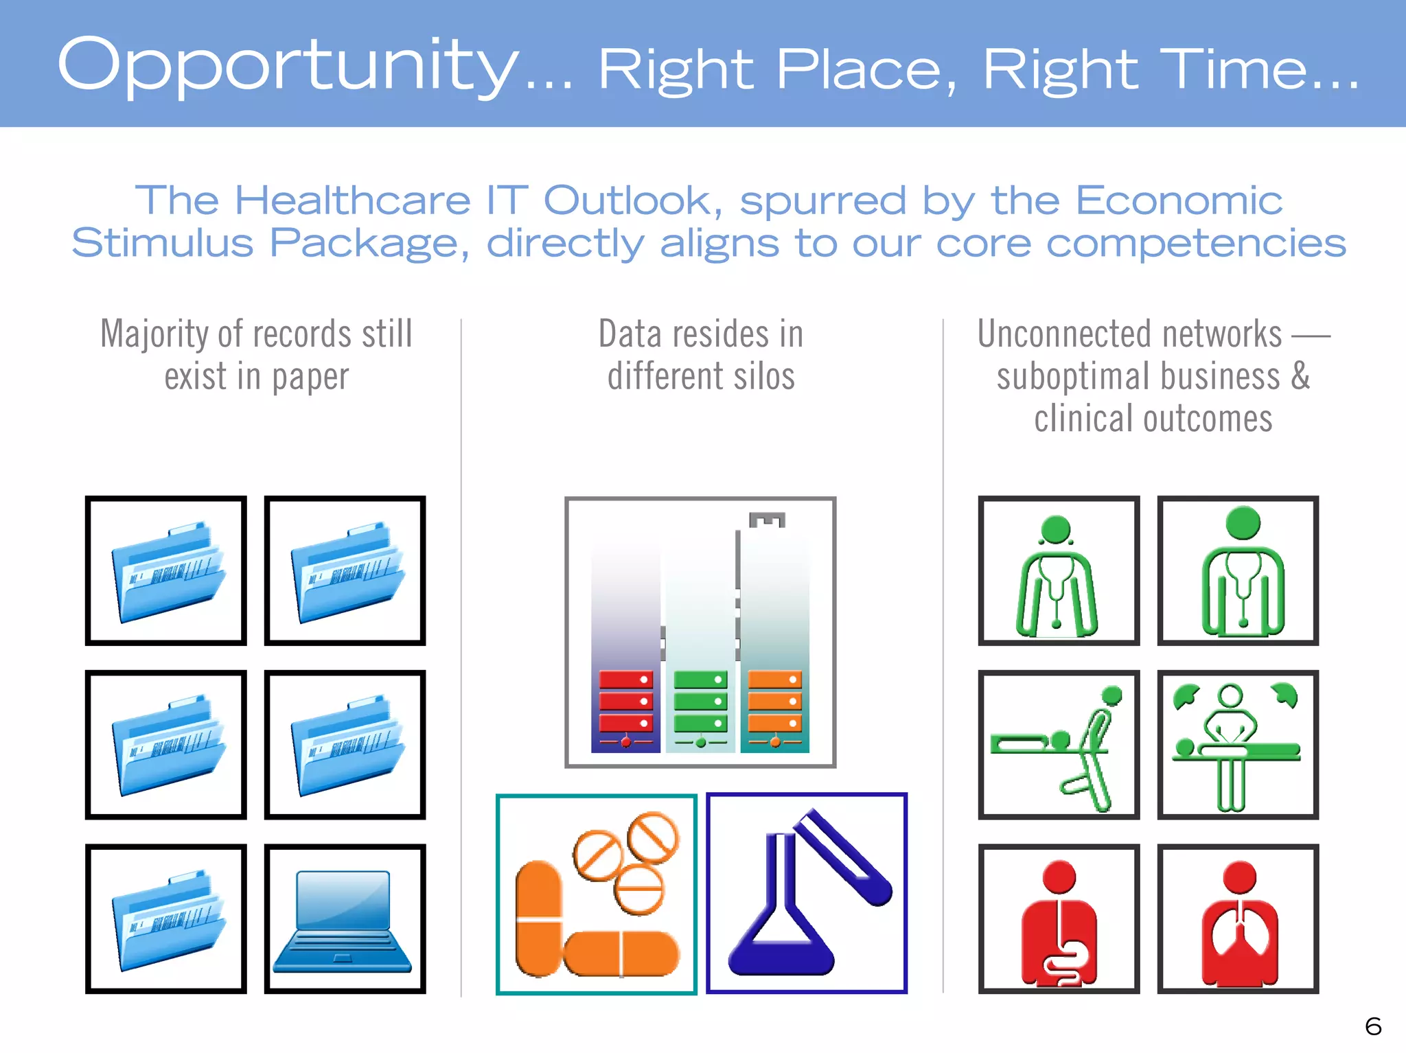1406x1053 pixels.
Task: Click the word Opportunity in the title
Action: tap(288, 65)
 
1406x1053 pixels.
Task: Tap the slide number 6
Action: tap(1373, 1026)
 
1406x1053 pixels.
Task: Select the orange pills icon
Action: tap(596, 894)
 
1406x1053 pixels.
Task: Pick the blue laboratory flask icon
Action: tap(807, 894)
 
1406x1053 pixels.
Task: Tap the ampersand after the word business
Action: tap(1300, 376)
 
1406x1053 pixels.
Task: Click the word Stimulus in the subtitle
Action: tap(162, 244)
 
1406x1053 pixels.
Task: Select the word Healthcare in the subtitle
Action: tap(352, 201)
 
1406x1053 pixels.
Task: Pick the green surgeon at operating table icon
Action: tap(1237, 745)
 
